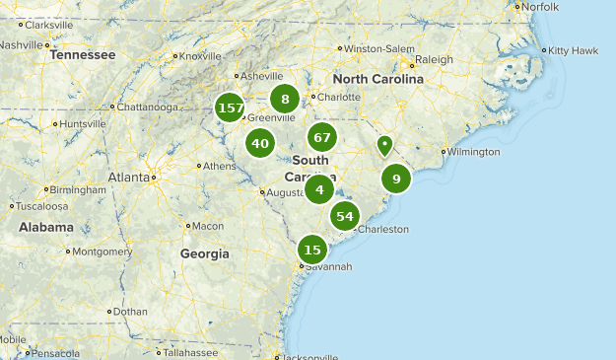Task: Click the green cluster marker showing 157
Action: [231, 108]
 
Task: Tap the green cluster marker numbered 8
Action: [285, 99]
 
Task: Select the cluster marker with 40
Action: [260, 144]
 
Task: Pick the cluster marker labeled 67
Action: [322, 137]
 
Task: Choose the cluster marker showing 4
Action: [319, 189]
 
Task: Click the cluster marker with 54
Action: [345, 216]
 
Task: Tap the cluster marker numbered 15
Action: [312, 250]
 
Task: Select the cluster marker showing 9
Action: [396, 179]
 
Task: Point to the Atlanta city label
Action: [128, 178]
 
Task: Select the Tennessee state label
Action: [83, 55]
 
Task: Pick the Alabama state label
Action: [45, 227]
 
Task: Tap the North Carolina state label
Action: [377, 79]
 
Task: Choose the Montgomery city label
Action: [102, 252]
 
